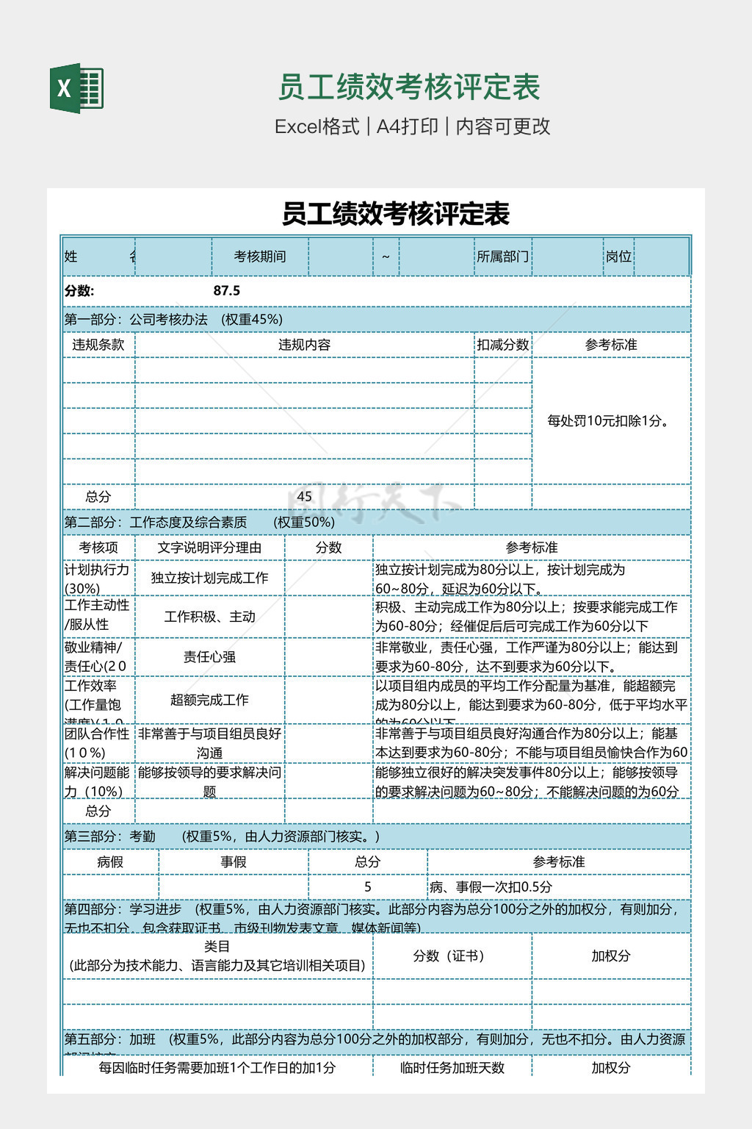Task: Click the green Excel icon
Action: point(76,88)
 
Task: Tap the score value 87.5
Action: point(226,290)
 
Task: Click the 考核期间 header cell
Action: point(259,257)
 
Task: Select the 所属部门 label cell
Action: point(502,257)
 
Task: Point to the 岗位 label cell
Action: point(618,257)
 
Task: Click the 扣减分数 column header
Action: point(502,345)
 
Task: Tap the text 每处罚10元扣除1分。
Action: point(610,421)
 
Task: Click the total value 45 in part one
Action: point(304,496)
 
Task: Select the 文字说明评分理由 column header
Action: point(209,548)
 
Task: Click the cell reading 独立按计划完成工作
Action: point(209,578)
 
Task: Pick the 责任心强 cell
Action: point(209,656)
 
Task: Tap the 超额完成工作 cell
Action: point(209,700)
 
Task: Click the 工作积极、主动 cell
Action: point(209,617)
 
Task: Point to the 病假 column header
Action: point(110,861)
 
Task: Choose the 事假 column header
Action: point(234,861)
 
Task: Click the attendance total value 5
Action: point(368,887)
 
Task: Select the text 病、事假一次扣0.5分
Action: point(491,887)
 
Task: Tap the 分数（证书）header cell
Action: point(448,956)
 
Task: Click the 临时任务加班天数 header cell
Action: point(452,1067)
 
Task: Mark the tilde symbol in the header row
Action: point(386,257)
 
